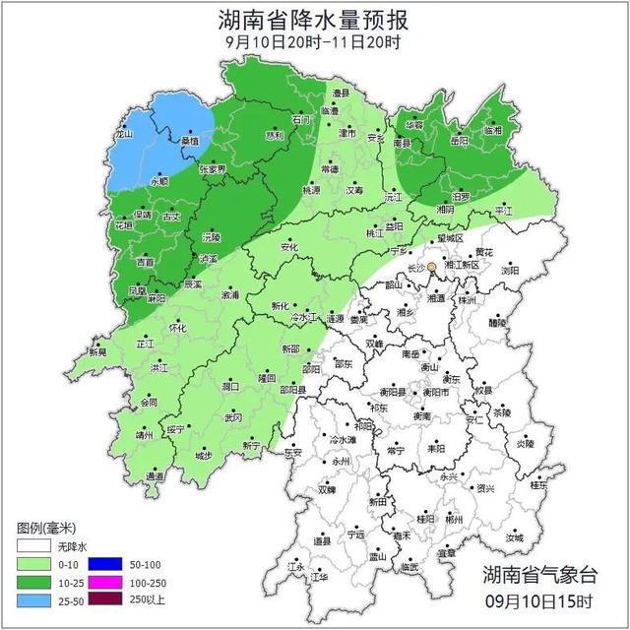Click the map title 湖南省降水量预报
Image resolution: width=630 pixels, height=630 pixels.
[314, 19]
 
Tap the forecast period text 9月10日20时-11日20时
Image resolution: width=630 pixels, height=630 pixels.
[313, 42]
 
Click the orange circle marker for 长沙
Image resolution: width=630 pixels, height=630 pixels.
[431, 267]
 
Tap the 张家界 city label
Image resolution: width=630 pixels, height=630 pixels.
[213, 168]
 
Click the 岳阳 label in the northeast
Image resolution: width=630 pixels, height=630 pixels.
[459, 141]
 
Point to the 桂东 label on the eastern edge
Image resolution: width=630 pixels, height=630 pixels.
[538, 484]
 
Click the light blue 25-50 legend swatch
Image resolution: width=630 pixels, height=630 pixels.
[32, 599]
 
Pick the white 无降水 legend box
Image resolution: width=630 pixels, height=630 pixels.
[32, 546]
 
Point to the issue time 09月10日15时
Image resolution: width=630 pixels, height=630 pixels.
[539, 601]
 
